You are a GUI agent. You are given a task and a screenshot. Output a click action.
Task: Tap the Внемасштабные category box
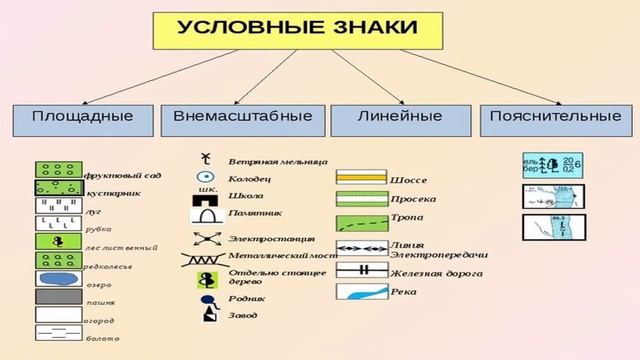(x=243, y=117)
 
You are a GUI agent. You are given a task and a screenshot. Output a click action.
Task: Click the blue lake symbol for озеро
(x=59, y=277)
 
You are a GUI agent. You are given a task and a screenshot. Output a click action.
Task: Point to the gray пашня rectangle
(x=59, y=296)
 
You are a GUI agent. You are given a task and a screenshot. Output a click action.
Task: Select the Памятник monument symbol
(x=206, y=212)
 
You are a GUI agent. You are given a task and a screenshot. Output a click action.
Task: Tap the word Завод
(x=243, y=315)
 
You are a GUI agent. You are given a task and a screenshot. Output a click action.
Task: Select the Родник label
(x=246, y=297)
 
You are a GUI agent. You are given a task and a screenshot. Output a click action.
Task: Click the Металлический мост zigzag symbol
(x=204, y=258)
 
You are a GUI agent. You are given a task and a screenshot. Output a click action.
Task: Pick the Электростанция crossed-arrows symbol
(x=205, y=238)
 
